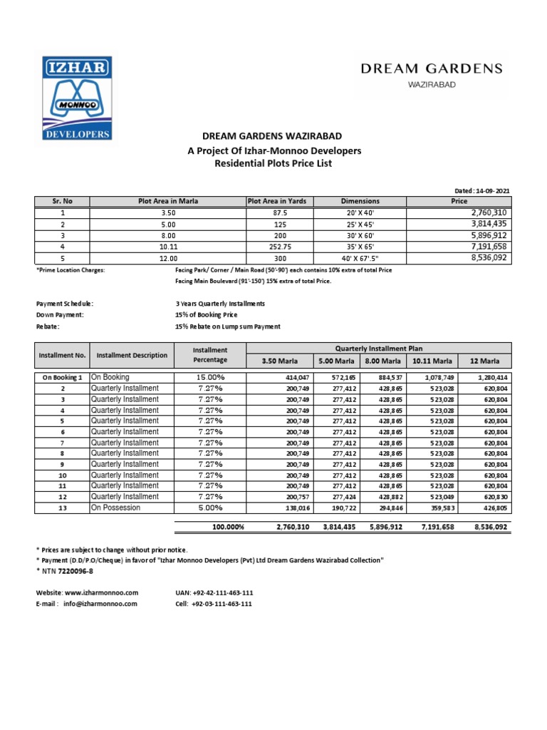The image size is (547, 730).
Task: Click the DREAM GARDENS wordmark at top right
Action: coord(432,68)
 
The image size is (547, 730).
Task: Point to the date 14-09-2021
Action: coord(491,191)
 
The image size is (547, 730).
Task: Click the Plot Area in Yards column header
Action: coord(277,201)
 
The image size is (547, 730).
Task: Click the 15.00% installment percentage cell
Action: coord(210,377)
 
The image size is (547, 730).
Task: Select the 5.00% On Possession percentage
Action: coord(210,508)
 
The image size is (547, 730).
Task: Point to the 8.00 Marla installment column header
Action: coord(382,361)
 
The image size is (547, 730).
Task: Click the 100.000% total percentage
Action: coord(228,527)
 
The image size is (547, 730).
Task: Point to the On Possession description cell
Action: coord(115,508)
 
